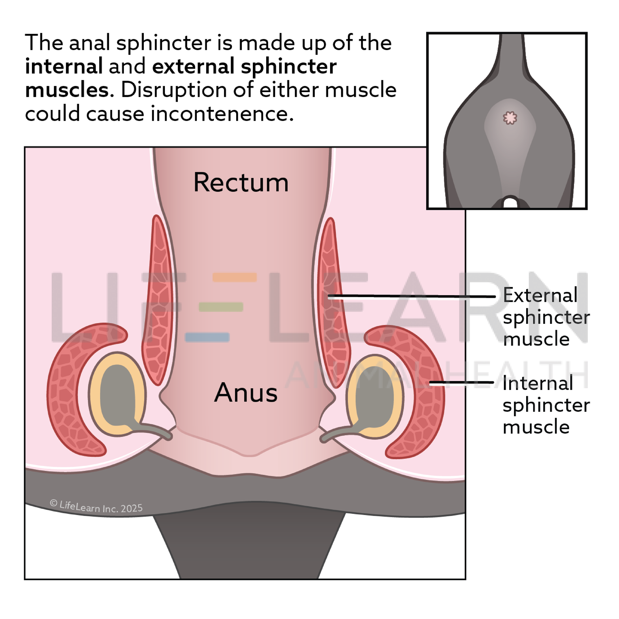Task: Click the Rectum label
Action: point(241,183)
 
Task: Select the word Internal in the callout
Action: point(538,384)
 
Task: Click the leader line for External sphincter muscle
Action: point(410,296)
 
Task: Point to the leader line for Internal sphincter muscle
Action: point(461,383)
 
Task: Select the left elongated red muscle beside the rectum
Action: point(157,301)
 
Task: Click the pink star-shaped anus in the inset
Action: point(510,118)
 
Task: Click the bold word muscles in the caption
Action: point(68,90)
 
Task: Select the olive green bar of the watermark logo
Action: point(221,307)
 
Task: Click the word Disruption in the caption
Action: point(174,90)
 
